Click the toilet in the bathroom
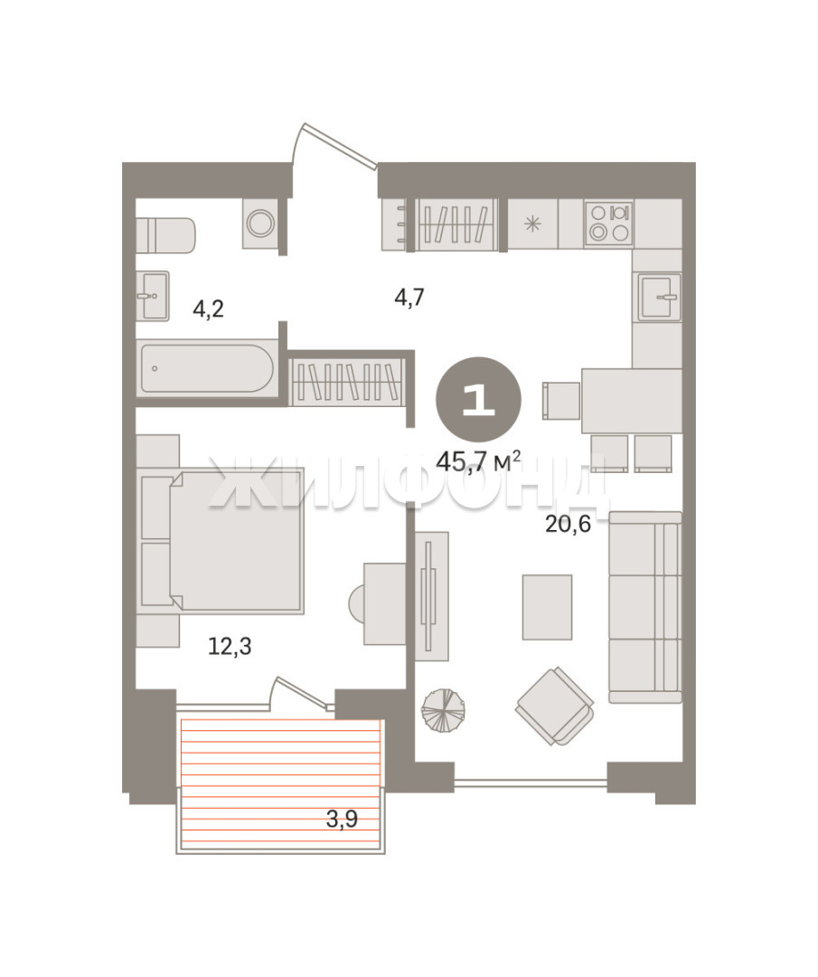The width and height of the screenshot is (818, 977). tap(165, 235)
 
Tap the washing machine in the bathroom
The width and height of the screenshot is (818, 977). tap(259, 223)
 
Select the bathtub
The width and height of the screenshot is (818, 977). tap(207, 369)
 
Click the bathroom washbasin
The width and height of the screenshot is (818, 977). tap(153, 295)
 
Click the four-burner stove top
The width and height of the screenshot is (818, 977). tap(609, 223)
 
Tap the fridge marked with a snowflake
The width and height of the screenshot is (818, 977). tap(533, 223)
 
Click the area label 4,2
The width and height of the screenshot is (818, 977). tap(208, 308)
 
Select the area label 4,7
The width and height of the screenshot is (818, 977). tap(409, 297)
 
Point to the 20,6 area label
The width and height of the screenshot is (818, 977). tap(568, 524)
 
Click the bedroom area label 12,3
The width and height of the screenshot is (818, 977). tap(230, 646)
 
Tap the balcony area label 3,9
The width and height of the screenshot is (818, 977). tap(342, 819)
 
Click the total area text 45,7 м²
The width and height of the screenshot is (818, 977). tap(479, 461)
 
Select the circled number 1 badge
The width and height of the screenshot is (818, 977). tap(479, 400)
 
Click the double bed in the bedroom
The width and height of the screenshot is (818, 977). tap(222, 539)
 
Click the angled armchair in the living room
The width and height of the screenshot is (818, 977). tap(555, 706)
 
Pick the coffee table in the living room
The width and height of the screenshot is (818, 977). tap(547, 607)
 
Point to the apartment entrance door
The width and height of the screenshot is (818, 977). tap(335, 145)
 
